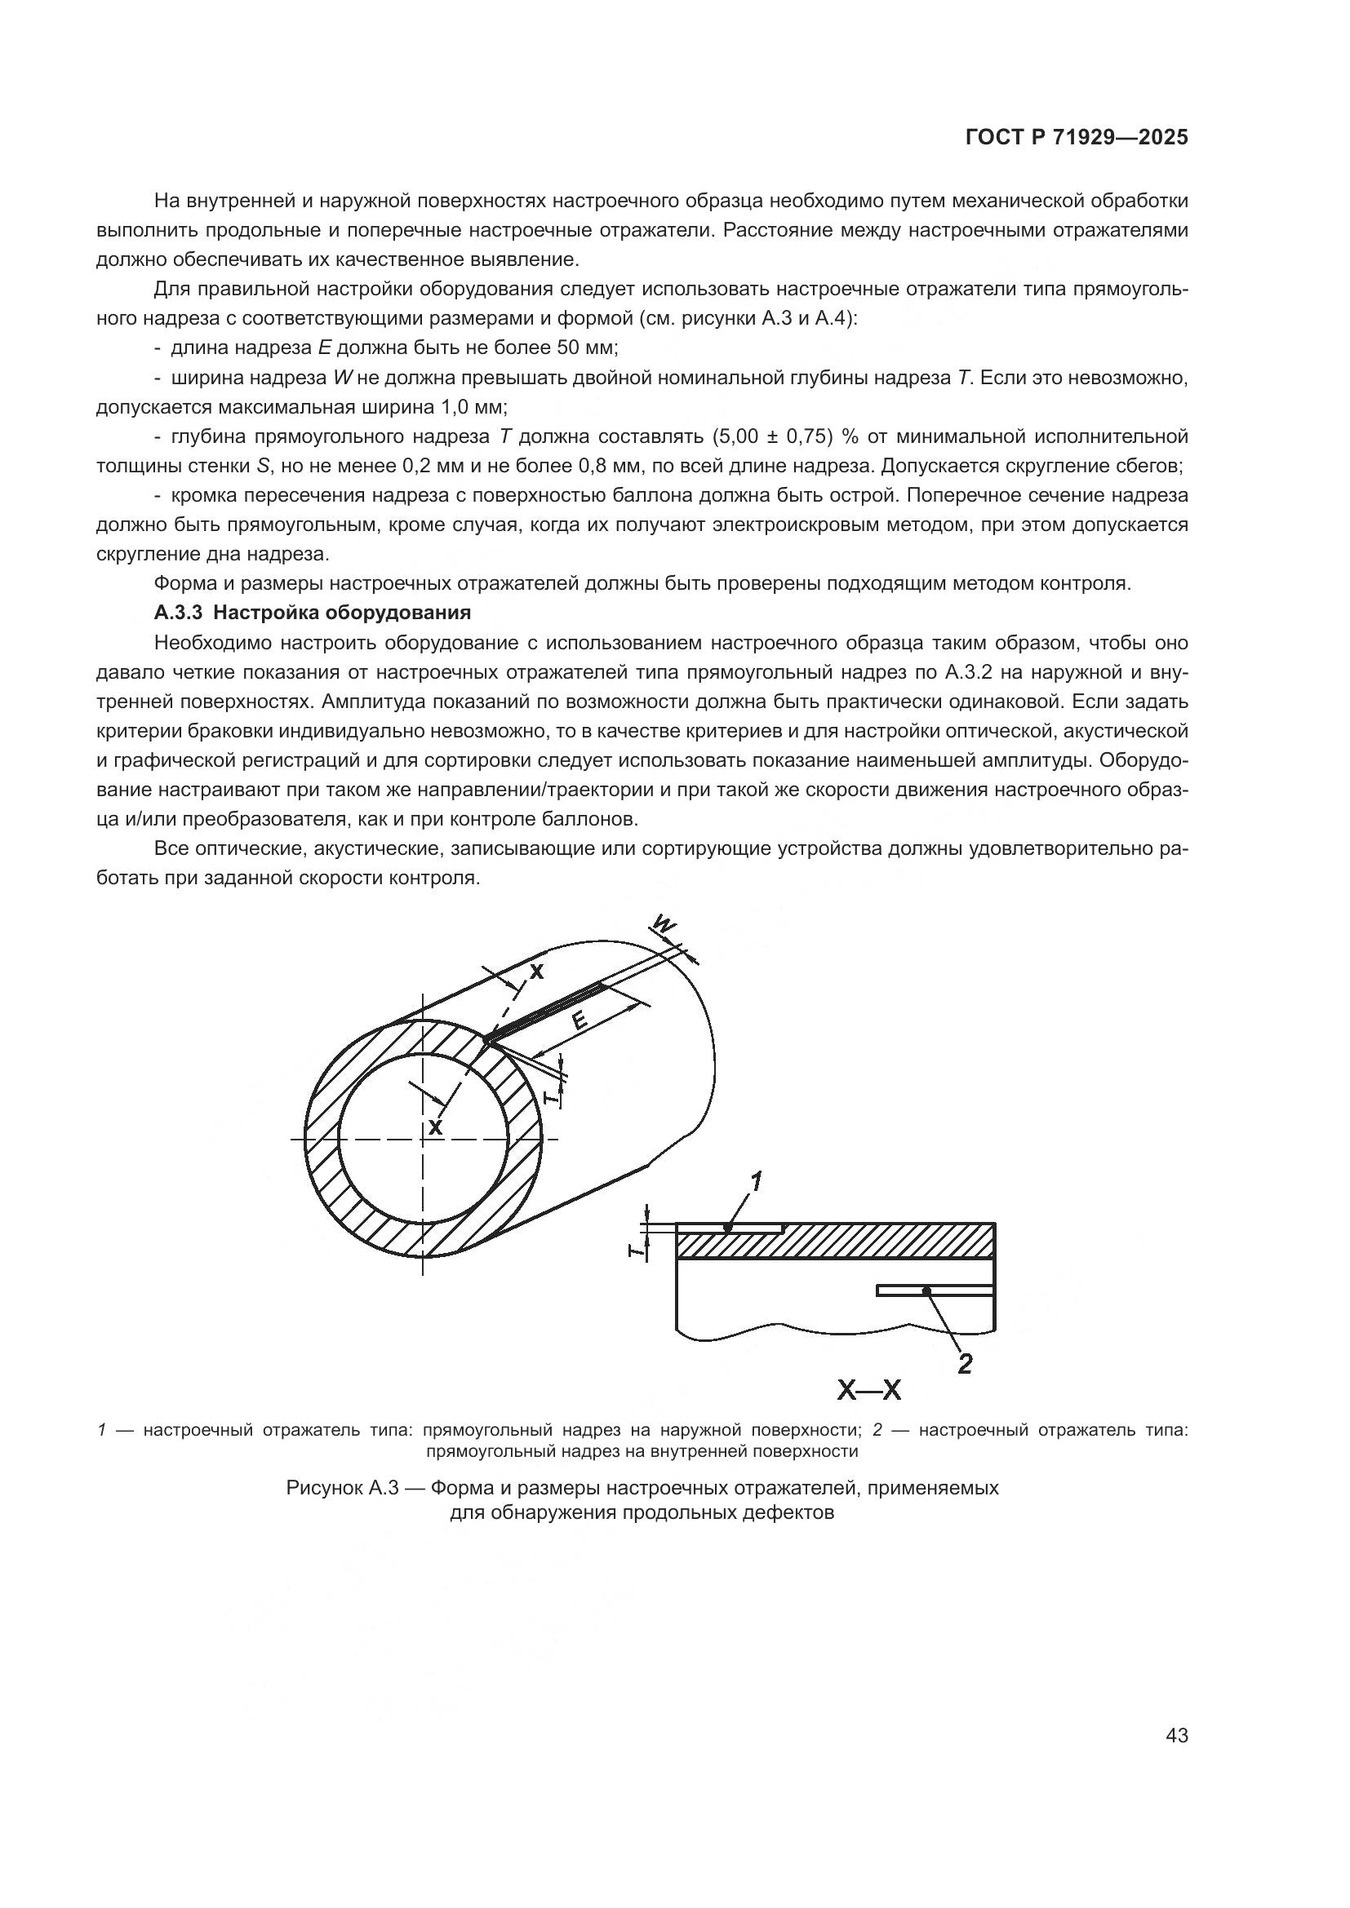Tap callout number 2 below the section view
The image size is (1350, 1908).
pyautogui.click(x=964, y=1363)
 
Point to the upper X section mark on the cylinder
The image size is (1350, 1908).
pyautogui.click(x=537, y=972)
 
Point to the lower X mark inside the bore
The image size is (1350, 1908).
pyautogui.click(x=435, y=1127)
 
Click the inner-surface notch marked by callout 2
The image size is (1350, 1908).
pyautogui.click(x=935, y=1290)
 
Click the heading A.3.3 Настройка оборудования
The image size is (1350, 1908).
pyautogui.click(x=313, y=613)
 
